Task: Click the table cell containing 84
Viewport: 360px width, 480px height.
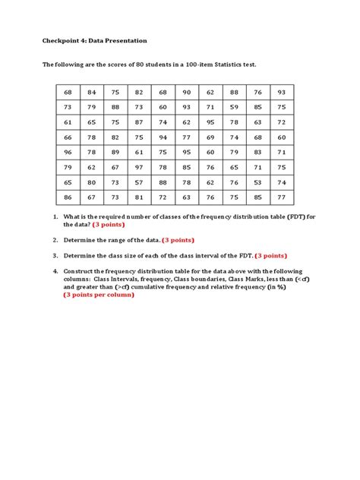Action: pyautogui.click(x=91, y=92)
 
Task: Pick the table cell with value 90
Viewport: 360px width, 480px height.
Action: pyautogui.click(x=186, y=92)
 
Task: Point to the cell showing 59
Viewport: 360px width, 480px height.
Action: pyautogui.click(x=234, y=107)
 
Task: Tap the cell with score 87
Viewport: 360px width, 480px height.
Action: pyautogui.click(x=139, y=122)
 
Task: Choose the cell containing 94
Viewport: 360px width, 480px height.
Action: pyautogui.click(x=163, y=137)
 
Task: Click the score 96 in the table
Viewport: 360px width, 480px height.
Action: pyautogui.click(x=68, y=152)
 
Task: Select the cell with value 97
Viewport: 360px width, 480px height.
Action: pyautogui.click(x=139, y=167)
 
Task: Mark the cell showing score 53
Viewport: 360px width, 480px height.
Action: pyautogui.click(x=258, y=182)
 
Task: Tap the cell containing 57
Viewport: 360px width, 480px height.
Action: pyautogui.click(x=139, y=182)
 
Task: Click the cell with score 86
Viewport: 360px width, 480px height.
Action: pyautogui.click(x=68, y=197)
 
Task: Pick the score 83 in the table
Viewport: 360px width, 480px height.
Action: pyautogui.click(x=258, y=152)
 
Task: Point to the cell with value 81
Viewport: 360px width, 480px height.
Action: pyautogui.click(x=139, y=197)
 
